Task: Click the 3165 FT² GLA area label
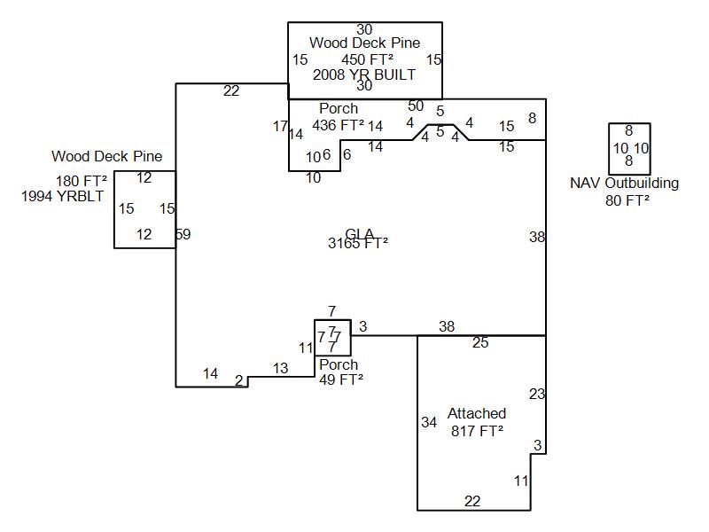pyautogui.click(x=358, y=244)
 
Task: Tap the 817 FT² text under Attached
pyautogui.click(x=477, y=430)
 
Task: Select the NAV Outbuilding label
pyautogui.click(x=625, y=184)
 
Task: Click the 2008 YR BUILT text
pyautogui.click(x=364, y=74)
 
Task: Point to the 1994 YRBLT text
pyautogui.click(x=62, y=196)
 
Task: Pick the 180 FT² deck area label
pyautogui.click(x=82, y=181)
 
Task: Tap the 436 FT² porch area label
pyautogui.click(x=338, y=125)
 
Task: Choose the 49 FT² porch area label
pyautogui.click(x=341, y=379)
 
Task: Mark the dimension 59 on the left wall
pyautogui.click(x=183, y=235)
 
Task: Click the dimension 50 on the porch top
pyautogui.click(x=416, y=106)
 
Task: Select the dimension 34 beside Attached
pyautogui.click(x=429, y=422)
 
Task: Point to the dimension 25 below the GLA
pyautogui.click(x=480, y=343)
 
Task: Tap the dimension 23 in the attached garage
pyautogui.click(x=537, y=394)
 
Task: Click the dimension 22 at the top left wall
pyautogui.click(x=231, y=90)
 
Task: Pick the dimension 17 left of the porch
pyautogui.click(x=280, y=127)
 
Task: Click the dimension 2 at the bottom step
pyautogui.click(x=238, y=380)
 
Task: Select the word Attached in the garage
pyautogui.click(x=477, y=413)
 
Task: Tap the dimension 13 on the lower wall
pyautogui.click(x=280, y=368)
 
